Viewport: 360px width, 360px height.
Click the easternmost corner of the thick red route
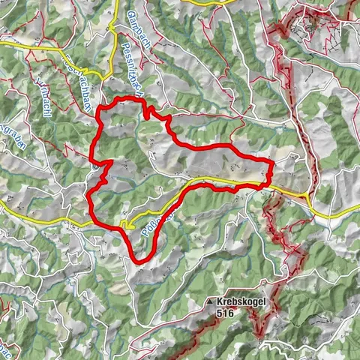[272, 162]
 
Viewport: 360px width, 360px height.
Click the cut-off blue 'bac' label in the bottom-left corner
[6, 346]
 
